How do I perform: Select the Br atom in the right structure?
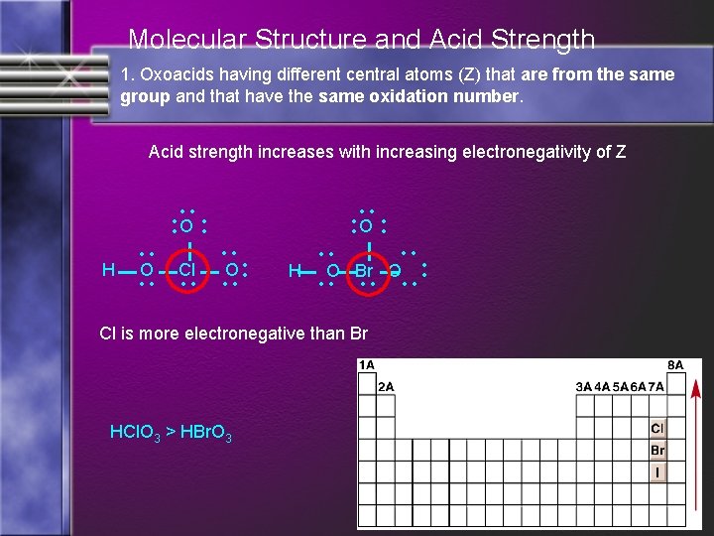pos(364,270)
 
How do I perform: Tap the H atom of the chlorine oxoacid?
pos(108,269)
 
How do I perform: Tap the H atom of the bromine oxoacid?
pos(294,270)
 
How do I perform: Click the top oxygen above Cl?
pos(185,226)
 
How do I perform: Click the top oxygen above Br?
pos(365,226)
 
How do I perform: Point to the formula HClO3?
pos(138,433)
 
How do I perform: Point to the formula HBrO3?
pos(206,433)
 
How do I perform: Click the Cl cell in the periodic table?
pos(657,429)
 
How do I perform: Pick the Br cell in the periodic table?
pos(657,451)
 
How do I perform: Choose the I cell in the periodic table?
pos(657,472)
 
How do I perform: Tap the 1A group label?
pos(367,365)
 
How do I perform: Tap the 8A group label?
pos(674,365)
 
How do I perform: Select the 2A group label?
pos(387,386)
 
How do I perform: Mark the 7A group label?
pos(656,386)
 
